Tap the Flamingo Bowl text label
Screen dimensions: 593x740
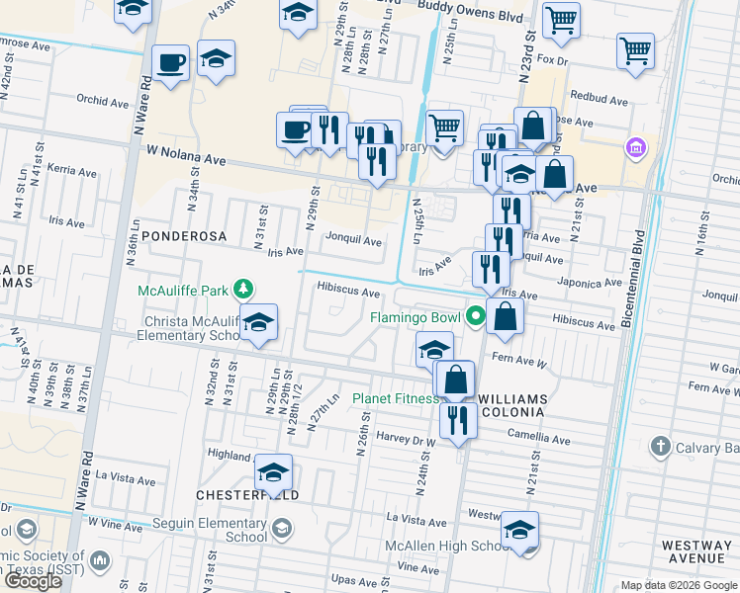point(416,318)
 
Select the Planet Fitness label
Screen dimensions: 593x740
point(396,399)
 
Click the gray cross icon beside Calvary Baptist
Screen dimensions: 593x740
point(660,447)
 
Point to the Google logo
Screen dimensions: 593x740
point(33,581)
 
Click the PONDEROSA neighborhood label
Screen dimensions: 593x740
point(185,236)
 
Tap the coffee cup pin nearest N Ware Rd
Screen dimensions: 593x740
point(170,63)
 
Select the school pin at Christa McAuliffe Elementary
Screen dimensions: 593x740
point(259,324)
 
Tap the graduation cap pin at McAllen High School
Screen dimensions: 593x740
point(519,532)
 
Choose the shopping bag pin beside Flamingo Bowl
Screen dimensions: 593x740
point(505,317)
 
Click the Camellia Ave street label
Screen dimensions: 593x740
point(541,440)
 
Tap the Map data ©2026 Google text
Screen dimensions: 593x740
point(678,585)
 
